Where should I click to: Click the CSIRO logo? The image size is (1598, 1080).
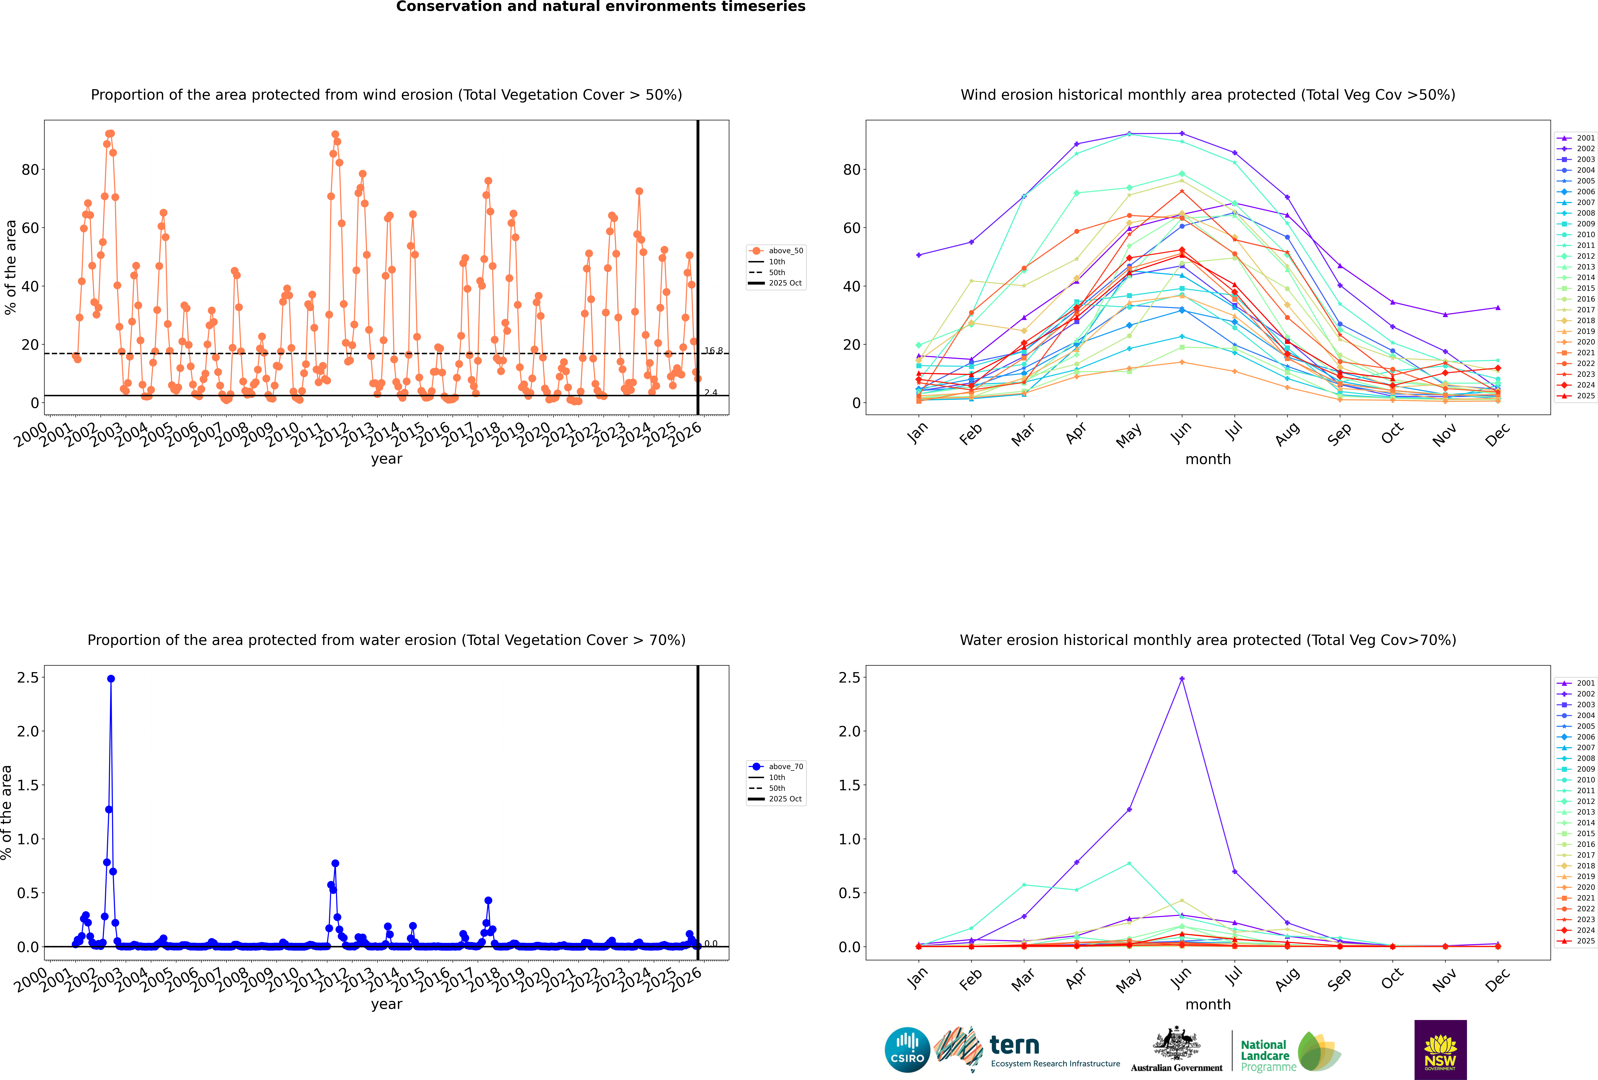(907, 1050)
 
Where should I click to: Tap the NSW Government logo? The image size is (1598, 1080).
(1440, 1050)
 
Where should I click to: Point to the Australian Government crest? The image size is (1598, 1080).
(1177, 1044)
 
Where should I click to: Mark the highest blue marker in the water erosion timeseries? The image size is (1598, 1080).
(111, 678)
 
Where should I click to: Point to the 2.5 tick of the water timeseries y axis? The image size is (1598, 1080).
(28, 678)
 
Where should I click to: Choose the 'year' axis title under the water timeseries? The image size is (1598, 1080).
(386, 1004)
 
